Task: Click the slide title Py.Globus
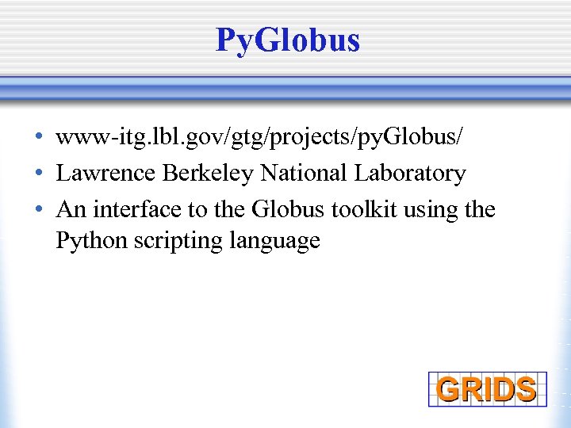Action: pyautogui.click(x=287, y=40)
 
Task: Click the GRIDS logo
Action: pyautogui.click(x=487, y=389)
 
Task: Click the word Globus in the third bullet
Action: pyautogui.click(x=286, y=209)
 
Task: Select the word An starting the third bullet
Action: pyautogui.click(x=71, y=209)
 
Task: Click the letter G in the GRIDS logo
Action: pyautogui.click(x=449, y=390)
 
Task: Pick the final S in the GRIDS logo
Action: pyautogui.click(x=524, y=390)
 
